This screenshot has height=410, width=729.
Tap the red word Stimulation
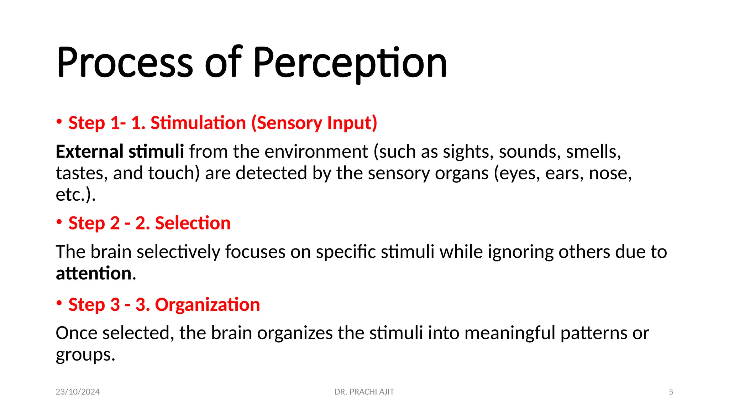click(198, 123)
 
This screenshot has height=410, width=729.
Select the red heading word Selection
click(193, 223)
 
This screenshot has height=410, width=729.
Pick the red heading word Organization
click(207, 305)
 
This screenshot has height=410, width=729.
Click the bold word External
click(90, 152)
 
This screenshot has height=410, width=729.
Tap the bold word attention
click(94, 273)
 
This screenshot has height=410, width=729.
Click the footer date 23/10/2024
click(78, 392)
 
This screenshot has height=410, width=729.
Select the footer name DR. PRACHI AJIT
click(364, 392)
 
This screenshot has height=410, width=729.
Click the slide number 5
click(671, 392)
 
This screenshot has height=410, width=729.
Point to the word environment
click(316, 152)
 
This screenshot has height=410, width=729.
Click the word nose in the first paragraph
click(610, 173)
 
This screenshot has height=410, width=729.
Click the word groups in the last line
click(85, 355)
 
